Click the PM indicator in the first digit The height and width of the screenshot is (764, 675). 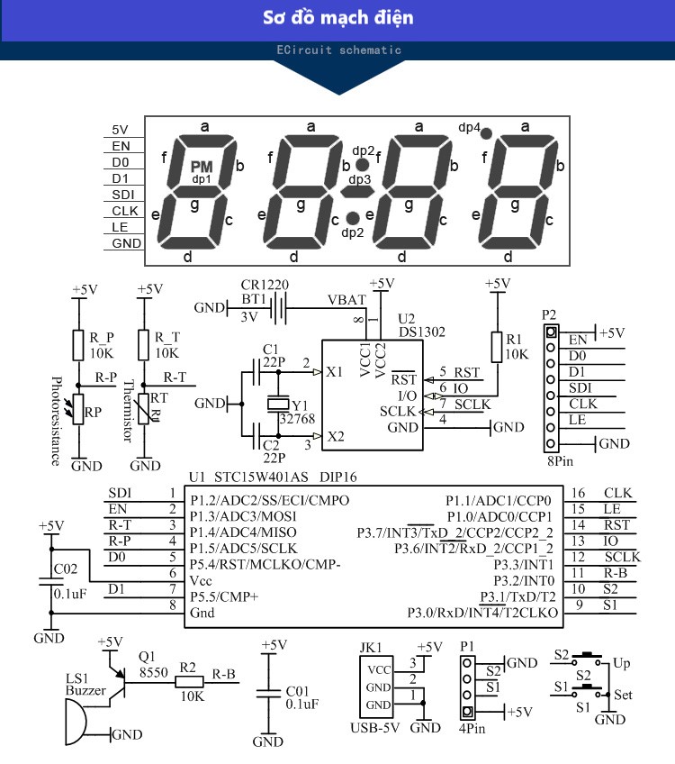click(x=202, y=167)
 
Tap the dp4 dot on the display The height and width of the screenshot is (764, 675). click(x=485, y=133)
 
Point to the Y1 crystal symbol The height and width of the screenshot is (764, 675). click(x=281, y=405)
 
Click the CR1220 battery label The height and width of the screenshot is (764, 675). click(x=265, y=285)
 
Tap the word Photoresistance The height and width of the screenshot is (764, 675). click(x=55, y=420)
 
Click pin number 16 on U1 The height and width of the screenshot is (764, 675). click(x=578, y=493)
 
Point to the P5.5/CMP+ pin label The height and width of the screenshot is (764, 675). click(x=223, y=596)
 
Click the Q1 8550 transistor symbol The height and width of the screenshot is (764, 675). click(x=120, y=682)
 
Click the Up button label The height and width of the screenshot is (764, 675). click(x=622, y=663)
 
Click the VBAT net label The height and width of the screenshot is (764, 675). click(x=346, y=299)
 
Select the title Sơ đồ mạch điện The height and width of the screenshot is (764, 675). click(x=338, y=18)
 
